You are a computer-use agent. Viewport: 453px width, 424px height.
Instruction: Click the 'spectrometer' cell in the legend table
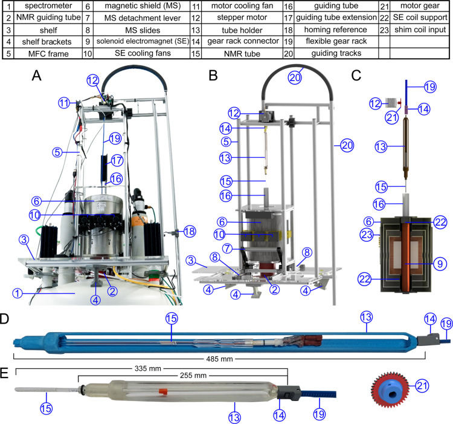click(x=48, y=6)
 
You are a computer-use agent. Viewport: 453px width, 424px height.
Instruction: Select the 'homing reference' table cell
click(x=335, y=30)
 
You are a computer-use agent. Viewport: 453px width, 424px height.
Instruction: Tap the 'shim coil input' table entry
click(x=420, y=30)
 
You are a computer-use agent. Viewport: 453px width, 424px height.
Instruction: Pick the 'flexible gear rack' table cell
click(x=336, y=41)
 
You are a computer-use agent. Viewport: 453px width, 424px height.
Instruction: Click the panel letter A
click(x=37, y=76)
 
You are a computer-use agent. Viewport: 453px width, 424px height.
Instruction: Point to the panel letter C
click(x=356, y=76)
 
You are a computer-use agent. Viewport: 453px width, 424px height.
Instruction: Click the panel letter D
click(x=5, y=318)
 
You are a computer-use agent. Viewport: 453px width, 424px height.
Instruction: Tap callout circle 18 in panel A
click(x=190, y=232)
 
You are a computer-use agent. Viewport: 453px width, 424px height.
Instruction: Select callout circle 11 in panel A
click(x=65, y=103)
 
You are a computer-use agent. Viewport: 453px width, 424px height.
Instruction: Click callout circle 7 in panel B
click(x=227, y=248)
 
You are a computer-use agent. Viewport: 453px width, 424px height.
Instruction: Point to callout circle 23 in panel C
click(x=367, y=234)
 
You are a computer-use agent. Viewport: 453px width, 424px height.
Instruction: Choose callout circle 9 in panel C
click(x=440, y=264)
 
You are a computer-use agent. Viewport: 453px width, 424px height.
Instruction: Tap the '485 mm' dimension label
click(x=219, y=359)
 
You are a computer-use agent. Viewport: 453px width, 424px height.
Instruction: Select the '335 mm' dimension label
click(x=147, y=368)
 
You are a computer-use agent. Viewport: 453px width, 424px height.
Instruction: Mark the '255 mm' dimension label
click(x=193, y=376)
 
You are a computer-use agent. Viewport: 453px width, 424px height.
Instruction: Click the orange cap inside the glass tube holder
click(x=163, y=391)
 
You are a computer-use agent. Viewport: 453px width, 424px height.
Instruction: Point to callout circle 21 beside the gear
click(x=422, y=385)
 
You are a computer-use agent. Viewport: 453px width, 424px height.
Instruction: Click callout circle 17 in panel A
click(x=117, y=160)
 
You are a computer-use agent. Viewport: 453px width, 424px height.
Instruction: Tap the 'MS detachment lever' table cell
click(x=143, y=18)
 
